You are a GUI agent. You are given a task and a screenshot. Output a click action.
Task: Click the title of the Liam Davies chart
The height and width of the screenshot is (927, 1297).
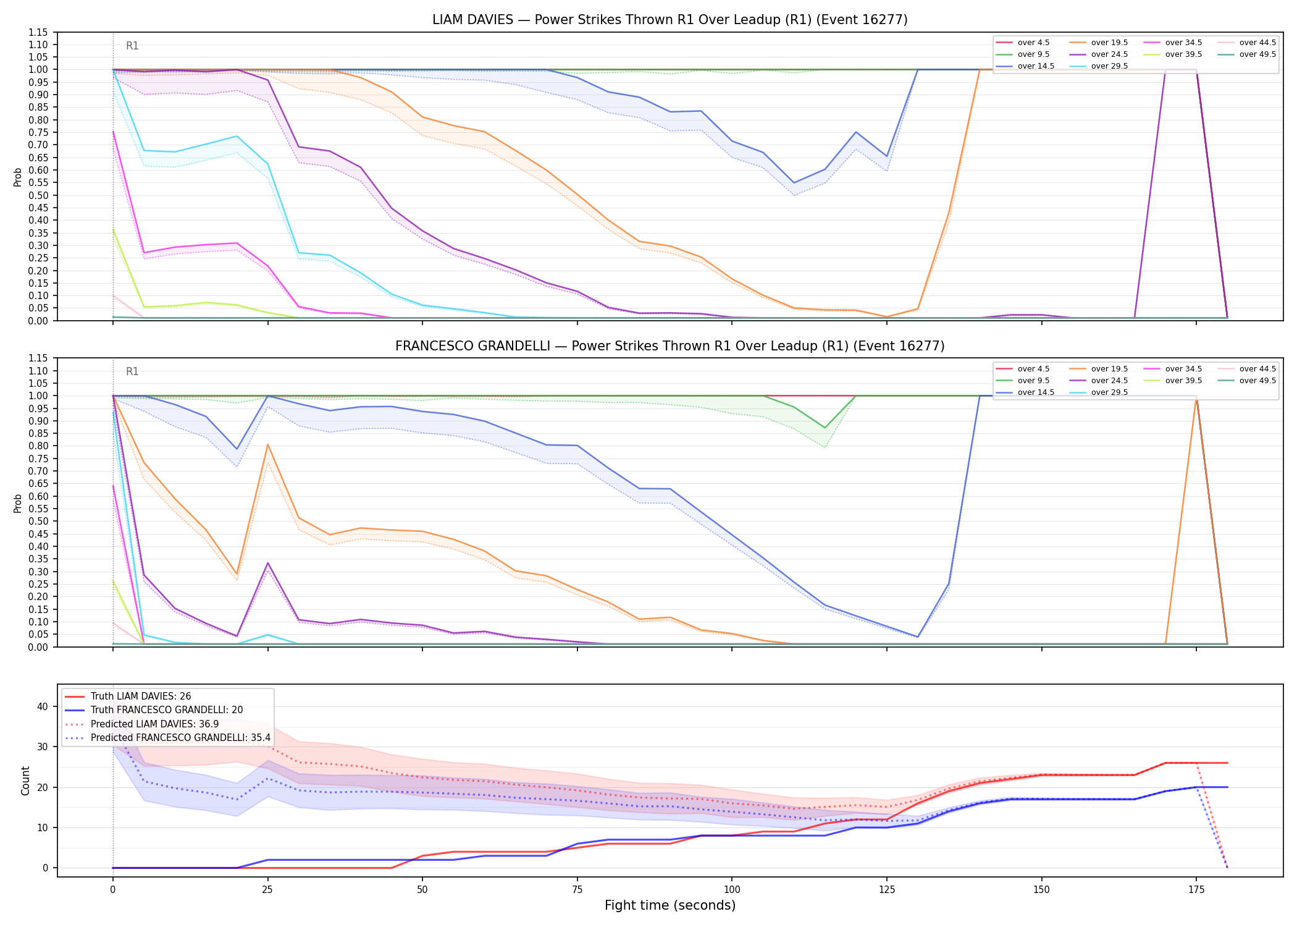click(670, 20)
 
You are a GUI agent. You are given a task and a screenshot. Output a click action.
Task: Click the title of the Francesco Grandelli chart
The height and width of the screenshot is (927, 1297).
click(670, 346)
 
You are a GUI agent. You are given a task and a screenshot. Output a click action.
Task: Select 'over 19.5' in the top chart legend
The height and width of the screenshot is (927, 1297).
click(1109, 43)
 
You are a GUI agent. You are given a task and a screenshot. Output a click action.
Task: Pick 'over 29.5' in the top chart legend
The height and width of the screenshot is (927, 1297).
click(1109, 66)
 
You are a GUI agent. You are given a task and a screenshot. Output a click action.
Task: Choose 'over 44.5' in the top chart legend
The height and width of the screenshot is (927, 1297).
click(1257, 43)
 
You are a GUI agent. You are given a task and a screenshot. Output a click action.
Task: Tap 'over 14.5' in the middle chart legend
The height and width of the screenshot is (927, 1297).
click(1036, 392)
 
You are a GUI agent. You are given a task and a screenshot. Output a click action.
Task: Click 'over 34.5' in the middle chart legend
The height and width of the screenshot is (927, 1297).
click(1183, 369)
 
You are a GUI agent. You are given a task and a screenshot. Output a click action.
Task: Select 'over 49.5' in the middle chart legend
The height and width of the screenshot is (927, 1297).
click(1257, 381)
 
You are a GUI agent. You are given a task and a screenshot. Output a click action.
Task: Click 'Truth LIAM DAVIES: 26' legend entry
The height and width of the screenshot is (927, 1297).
click(141, 696)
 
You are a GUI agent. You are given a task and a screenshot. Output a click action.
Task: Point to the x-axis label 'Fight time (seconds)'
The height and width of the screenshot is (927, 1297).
click(670, 905)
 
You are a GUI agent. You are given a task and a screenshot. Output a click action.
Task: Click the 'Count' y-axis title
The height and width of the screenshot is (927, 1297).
click(25, 781)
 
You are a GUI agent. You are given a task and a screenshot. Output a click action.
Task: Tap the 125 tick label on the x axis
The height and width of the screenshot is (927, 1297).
click(887, 890)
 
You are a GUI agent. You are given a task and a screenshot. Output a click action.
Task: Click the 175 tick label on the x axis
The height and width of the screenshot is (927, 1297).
click(1196, 890)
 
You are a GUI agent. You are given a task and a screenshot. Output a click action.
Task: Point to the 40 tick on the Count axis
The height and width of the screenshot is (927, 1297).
click(43, 707)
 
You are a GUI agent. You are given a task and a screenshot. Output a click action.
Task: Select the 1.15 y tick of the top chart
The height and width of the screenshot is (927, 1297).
click(38, 32)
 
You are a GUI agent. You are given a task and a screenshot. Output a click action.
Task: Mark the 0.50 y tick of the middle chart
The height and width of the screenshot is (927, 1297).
click(38, 521)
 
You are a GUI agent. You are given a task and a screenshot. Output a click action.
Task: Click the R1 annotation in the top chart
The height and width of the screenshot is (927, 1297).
click(132, 46)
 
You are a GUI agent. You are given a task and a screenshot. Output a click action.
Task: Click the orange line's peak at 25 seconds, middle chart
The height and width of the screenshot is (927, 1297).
click(267, 444)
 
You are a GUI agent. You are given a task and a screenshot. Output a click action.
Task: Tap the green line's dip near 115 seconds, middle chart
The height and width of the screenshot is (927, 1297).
click(825, 428)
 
